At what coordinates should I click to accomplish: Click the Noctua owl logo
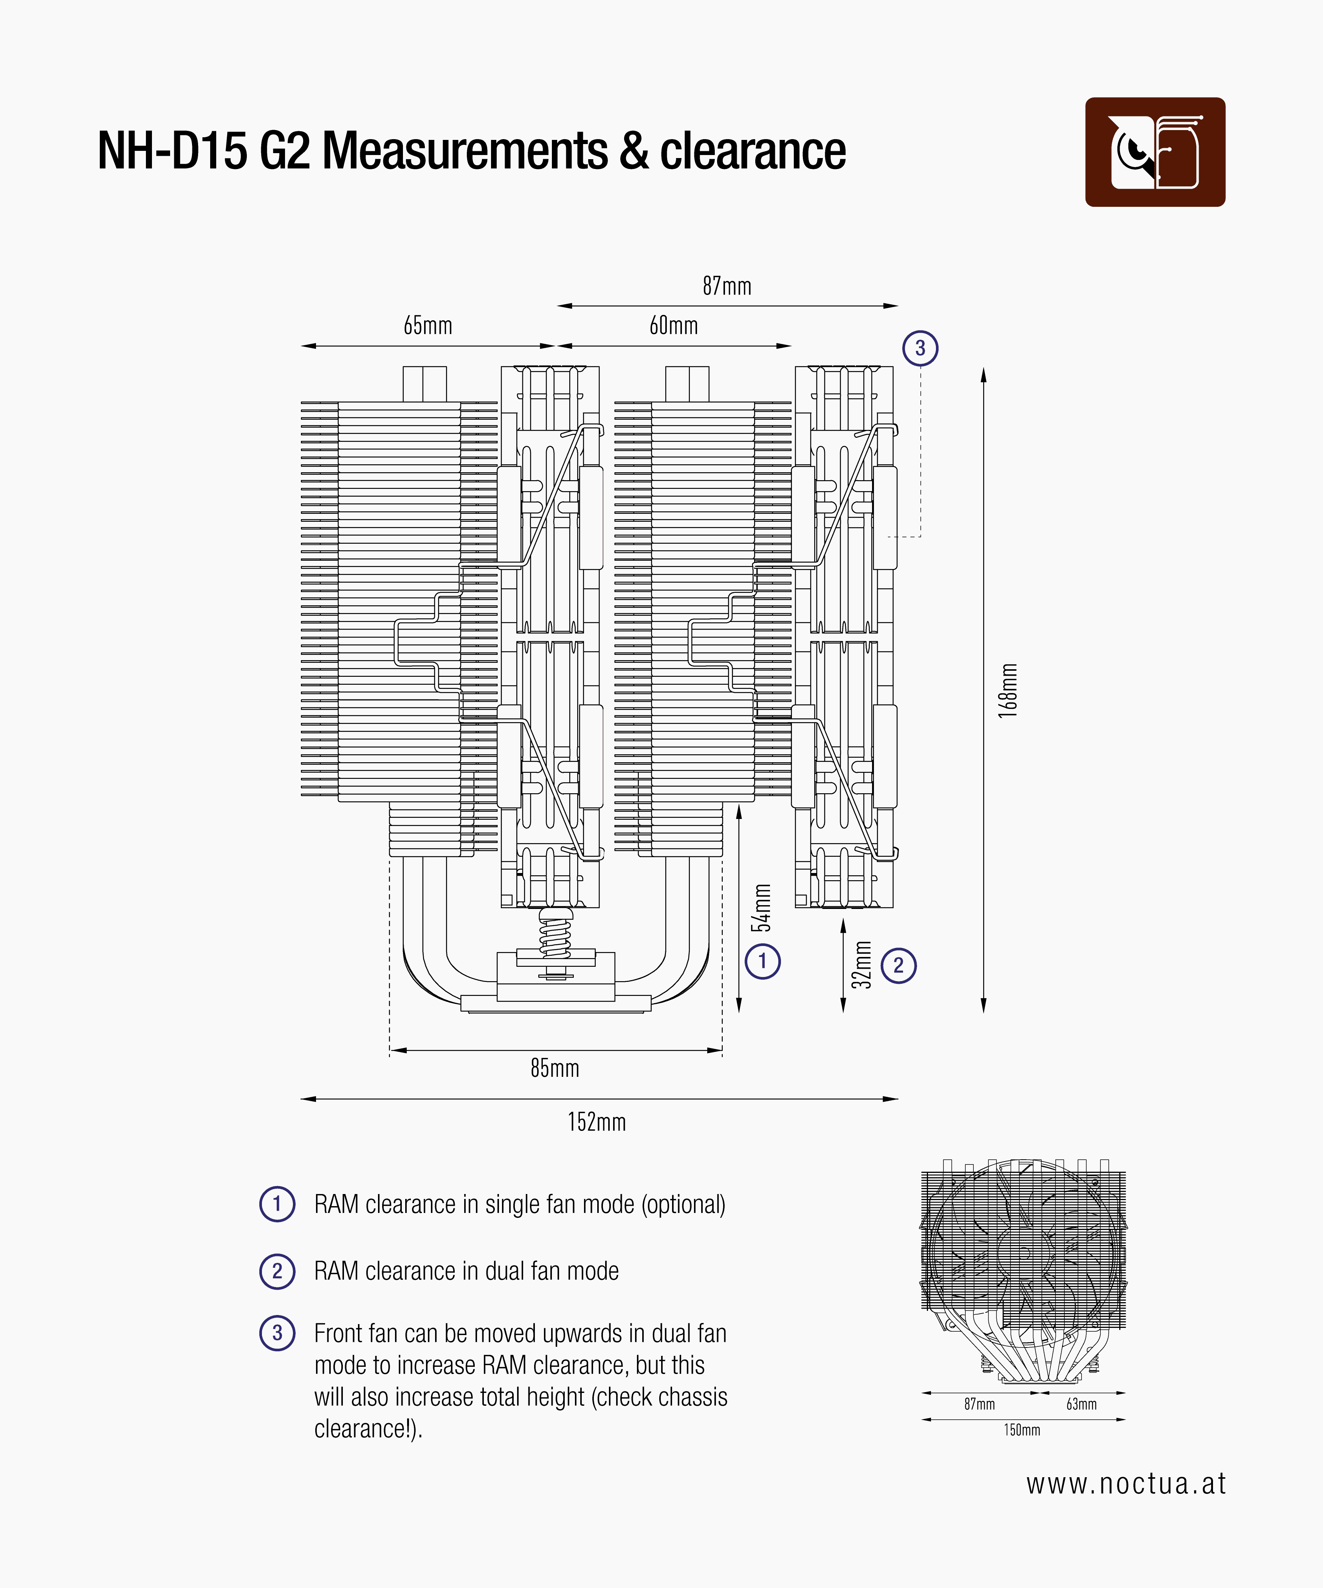coord(1154,152)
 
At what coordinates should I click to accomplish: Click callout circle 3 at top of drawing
coord(920,349)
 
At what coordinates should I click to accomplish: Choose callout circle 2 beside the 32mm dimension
coord(898,966)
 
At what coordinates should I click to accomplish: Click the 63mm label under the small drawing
coord(1081,1404)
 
